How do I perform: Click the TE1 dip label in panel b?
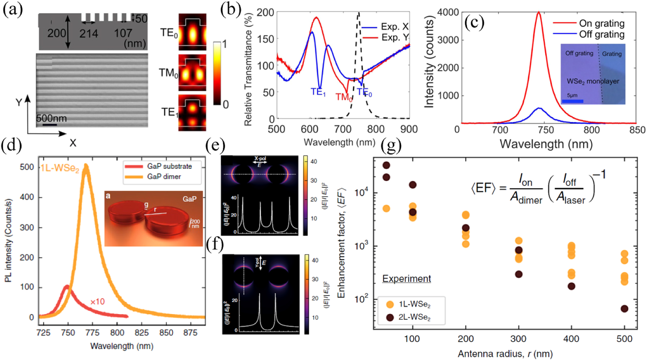(318, 92)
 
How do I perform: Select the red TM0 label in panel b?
(344, 97)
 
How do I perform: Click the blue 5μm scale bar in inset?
(573, 101)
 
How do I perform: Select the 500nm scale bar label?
(52, 118)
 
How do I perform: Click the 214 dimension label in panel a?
(89, 33)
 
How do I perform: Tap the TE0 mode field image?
(192, 32)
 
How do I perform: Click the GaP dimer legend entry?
(164, 176)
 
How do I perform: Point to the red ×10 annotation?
(97, 301)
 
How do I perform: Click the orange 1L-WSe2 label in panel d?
(60, 168)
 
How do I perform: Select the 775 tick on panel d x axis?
(92, 333)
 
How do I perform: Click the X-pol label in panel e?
(260, 158)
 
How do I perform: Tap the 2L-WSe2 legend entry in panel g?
(414, 318)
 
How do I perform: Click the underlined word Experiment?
(407, 278)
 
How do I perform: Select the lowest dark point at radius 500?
(624, 309)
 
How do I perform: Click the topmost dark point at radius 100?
(412, 185)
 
